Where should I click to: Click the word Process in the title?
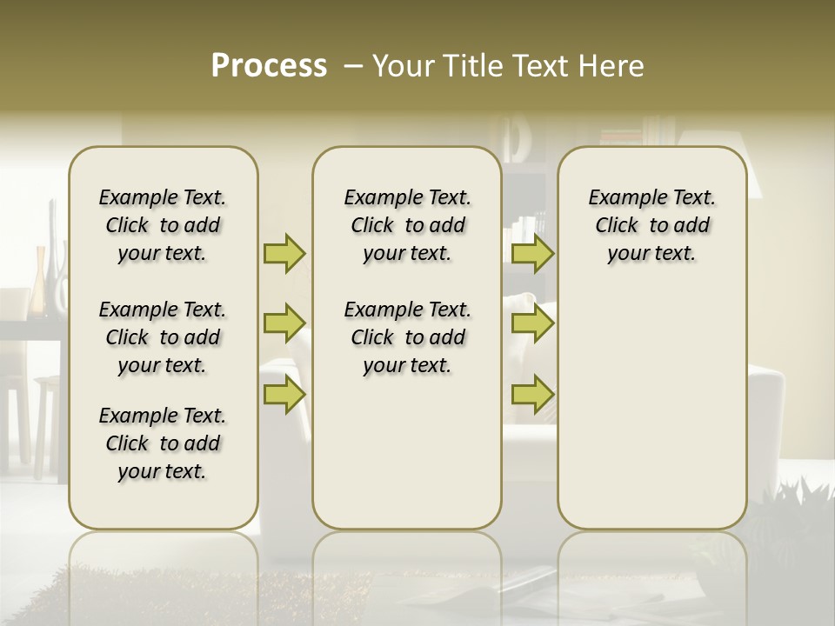pyautogui.click(x=269, y=66)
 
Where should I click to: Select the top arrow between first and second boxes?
pyautogui.click(x=284, y=253)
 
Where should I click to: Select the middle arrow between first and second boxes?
pyautogui.click(x=284, y=323)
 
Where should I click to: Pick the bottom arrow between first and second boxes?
pyautogui.click(x=284, y=394)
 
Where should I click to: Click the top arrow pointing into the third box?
pyautogui.click(x=532, y=253)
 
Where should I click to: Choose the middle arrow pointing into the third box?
pyautogui.click(x=532, y=323)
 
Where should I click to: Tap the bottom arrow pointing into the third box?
pyautogui.click(x=532, y=394)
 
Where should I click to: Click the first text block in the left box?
pyautogui.click(x=163, y=225)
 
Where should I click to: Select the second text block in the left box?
pyautogui.click(x=163, y=337)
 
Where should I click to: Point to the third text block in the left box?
pyautogui.click(x=163, y=443)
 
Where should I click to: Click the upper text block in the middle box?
pyautogui.click(x=407, y=225)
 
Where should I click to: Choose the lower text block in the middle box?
pyautogui.click(x=407, y=337)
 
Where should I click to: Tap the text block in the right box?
pyautogui.click(x=651, y=225)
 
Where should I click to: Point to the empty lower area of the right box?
pyautogui.click(x=651, y=400)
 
